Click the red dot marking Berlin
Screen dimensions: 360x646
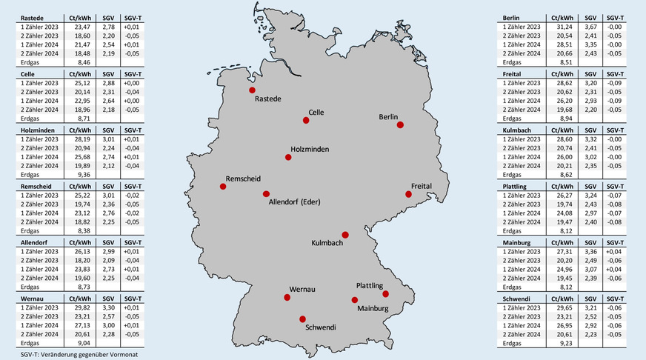tap(400, 125)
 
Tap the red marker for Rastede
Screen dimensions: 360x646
tap(252, 90)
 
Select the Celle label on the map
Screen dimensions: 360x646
tap(316, 111)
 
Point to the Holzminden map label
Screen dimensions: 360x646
tap(310, 149)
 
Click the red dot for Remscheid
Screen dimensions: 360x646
tap(223, 186)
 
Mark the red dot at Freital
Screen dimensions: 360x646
tap(407, 195)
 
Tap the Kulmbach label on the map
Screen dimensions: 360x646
tap(326, 243)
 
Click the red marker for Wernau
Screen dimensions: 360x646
tap(287, 298)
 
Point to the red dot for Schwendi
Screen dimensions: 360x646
tap(302, 319)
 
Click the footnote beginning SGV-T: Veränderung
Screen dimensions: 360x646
tap(71, 354)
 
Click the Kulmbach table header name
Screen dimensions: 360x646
tap(518, 130)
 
